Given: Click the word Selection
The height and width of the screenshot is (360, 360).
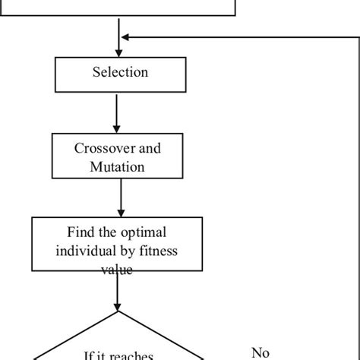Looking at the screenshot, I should (120, 73).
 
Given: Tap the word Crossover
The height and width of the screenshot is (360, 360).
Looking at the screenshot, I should (102, 148).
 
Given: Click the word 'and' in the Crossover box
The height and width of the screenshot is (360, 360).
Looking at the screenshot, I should (149, 148).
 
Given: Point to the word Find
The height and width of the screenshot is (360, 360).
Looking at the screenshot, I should (82, 232).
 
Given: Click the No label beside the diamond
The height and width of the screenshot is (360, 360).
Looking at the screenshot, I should (260, 352).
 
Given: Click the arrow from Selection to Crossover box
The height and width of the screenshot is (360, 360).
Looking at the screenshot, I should (118, 111).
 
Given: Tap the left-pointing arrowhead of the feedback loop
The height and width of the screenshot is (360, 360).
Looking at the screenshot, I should (128, 36).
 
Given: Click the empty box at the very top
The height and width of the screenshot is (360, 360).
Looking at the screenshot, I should (118, 8).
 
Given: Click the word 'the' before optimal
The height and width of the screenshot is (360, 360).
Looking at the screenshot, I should (109, 232).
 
